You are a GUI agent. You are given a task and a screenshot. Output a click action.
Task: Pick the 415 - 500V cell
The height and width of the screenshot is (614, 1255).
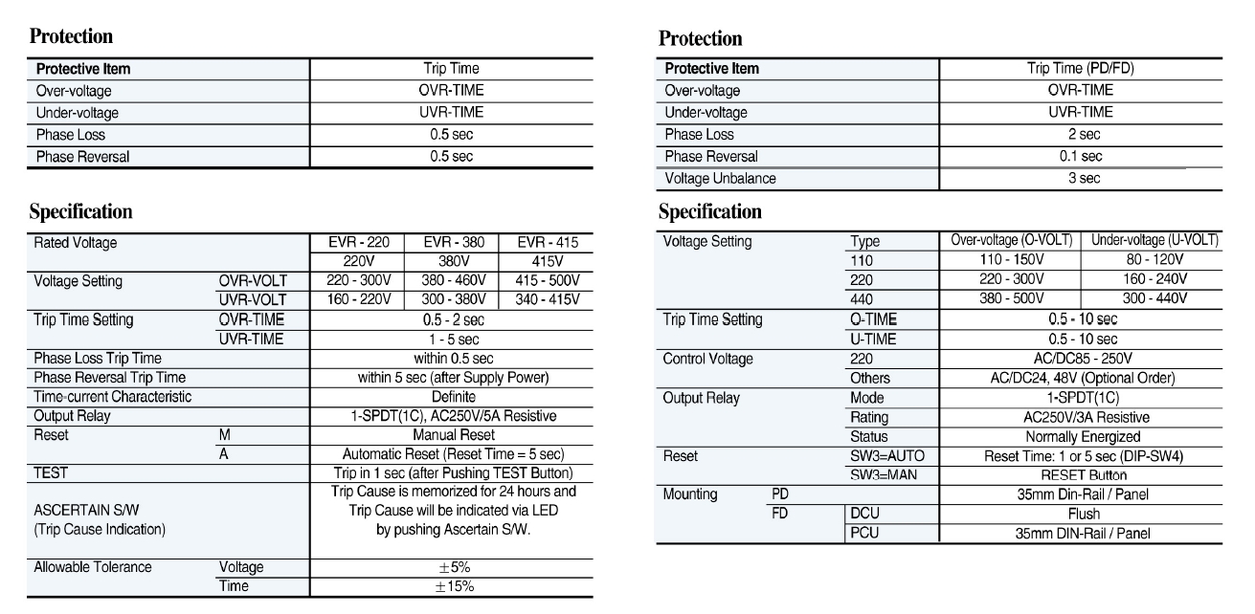click(546, 281)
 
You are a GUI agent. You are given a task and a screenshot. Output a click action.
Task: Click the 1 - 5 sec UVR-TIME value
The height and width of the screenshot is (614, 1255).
click(451, 339)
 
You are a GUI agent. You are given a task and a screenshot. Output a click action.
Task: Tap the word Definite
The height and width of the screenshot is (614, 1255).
click(451, 396)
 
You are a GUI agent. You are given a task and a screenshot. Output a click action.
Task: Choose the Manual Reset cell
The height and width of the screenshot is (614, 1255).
click(451, 434)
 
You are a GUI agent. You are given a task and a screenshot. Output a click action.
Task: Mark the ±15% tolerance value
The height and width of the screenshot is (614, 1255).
click(451, 586)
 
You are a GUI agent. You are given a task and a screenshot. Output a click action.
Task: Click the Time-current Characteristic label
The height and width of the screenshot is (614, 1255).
click(113, 396)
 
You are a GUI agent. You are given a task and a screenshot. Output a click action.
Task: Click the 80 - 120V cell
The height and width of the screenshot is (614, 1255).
click(1154, 259)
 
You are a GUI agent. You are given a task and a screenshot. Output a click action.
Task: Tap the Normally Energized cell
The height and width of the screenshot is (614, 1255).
click(1082, 435)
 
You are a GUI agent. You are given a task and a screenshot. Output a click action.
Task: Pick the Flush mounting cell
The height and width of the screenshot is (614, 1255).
click(1082, 514)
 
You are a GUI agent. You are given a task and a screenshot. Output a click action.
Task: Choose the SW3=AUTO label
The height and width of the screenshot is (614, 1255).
click(886, 456)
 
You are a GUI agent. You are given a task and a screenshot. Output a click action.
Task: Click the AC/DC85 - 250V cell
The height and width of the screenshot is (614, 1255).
click(1082, 359)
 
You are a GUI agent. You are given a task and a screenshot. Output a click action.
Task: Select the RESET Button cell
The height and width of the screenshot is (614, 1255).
click(1082, 475)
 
